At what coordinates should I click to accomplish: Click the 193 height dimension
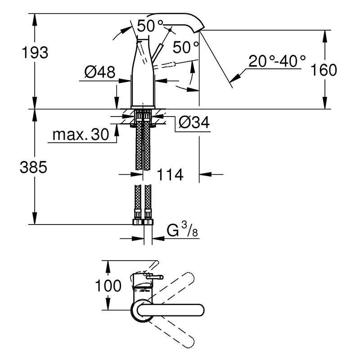pos(35,53)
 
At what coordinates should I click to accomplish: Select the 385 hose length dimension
pos(33,167)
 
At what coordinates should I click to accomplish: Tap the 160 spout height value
pos(324,70)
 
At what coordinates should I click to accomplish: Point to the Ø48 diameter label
pos(99,72)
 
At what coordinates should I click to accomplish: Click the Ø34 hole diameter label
pos(194,122)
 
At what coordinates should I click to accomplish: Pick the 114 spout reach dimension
pos(170,175)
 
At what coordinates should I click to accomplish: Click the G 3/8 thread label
pos(182,230)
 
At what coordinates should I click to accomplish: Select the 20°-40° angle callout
pos(277,61)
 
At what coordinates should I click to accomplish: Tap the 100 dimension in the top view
pos(108,286)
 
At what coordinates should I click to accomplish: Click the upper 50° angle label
pos(150,26)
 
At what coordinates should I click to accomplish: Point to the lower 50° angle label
pos(186,47)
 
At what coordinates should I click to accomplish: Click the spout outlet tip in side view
pos(200,31)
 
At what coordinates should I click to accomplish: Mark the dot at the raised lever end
pos(170,30)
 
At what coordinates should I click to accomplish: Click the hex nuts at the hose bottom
pos(143,222)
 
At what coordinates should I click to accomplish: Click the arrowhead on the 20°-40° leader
pos(234,78)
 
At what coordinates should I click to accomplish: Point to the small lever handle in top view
pos(154,277)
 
